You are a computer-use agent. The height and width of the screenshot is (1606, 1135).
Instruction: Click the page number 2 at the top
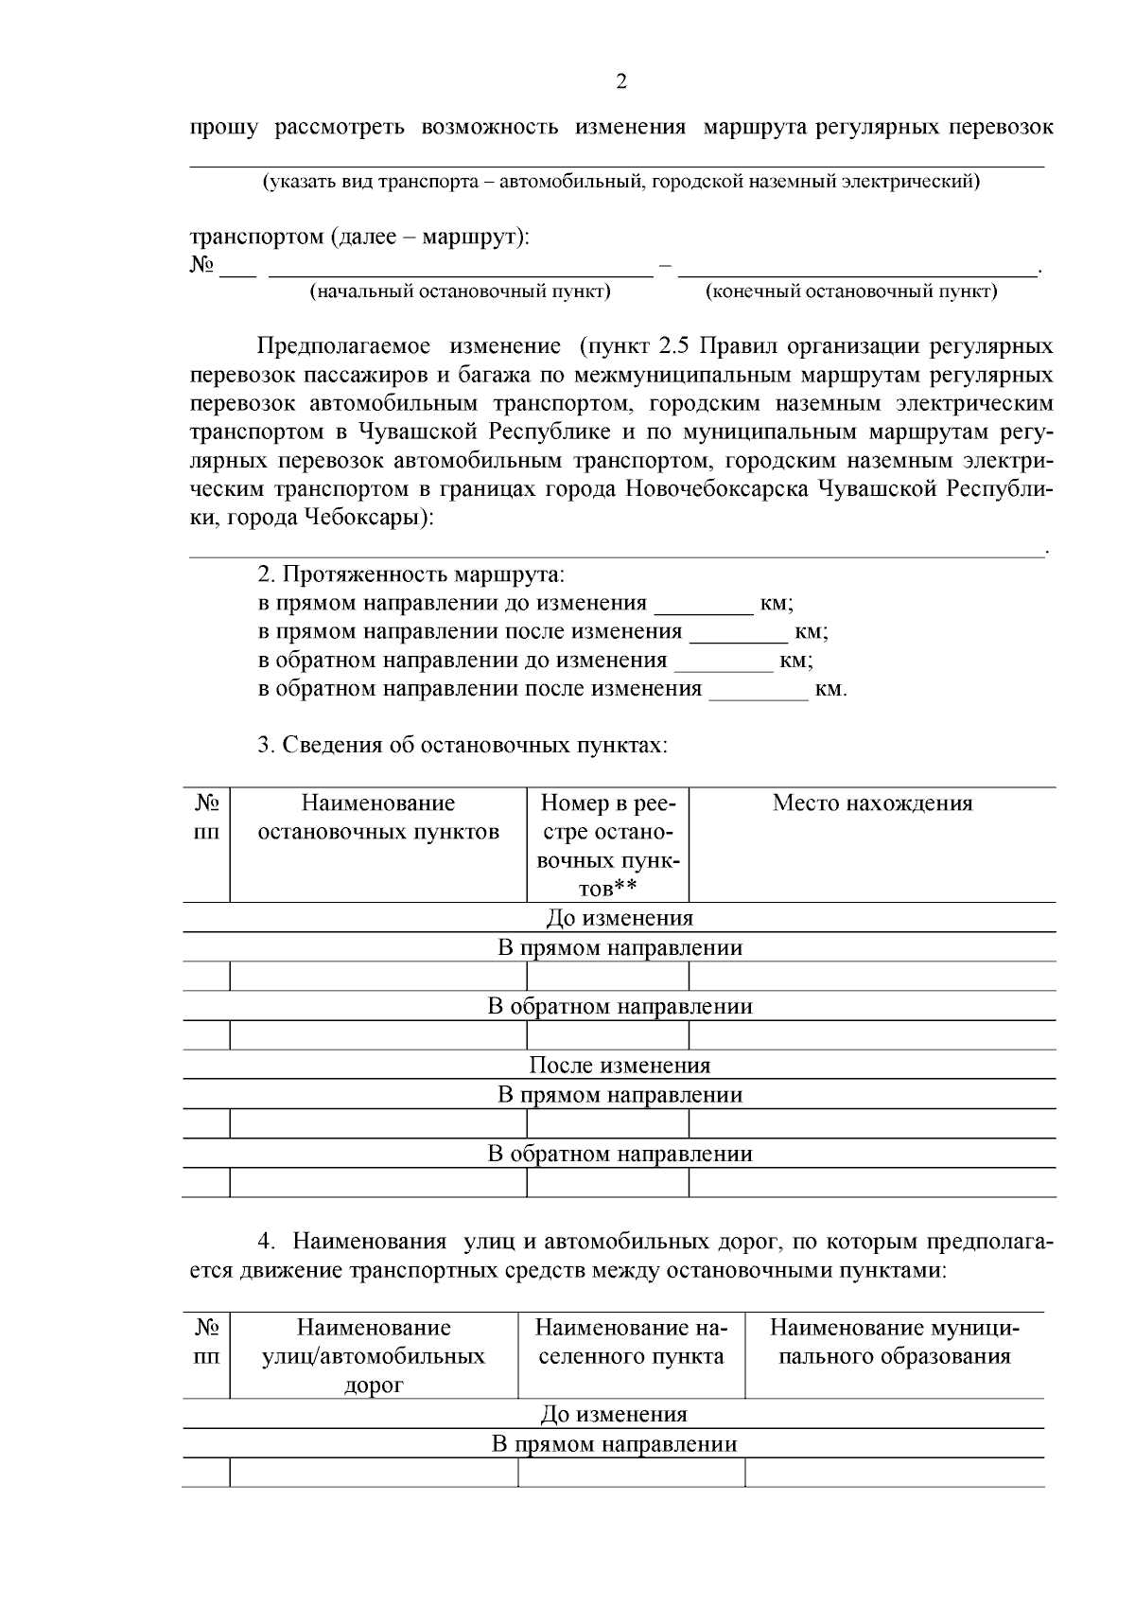[620, 82]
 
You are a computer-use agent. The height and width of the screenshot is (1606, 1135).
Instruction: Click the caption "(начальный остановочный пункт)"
[460, 291]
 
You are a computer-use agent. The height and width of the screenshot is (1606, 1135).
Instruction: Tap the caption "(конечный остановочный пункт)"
[851, 291]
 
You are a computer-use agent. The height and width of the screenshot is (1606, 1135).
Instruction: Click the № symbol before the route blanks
[201, 265]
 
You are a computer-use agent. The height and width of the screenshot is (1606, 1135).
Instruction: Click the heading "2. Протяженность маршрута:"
[410, 574]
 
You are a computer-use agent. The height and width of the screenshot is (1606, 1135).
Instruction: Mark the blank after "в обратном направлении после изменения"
[759, 692]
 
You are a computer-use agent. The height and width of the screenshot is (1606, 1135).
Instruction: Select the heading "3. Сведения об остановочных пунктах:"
[463, 745]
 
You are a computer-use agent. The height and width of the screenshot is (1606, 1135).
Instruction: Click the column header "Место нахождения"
[872, 803]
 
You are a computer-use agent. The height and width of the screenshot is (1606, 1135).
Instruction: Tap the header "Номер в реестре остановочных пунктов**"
[607, 845]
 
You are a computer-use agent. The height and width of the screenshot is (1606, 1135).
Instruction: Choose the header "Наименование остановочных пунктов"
[378, 818]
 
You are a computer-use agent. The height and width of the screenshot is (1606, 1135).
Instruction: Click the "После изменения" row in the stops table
[619, 1066]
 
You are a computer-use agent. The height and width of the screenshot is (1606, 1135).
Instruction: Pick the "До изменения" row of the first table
[619, 918]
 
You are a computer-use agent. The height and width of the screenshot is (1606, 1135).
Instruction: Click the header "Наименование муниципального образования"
[894, 1342]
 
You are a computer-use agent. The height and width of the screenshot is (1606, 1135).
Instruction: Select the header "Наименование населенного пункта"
[631, 1342]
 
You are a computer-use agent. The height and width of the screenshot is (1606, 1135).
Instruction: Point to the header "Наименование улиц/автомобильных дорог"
[374, 1356]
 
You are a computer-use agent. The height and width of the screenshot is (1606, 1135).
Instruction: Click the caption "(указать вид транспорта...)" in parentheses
[620, 182]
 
